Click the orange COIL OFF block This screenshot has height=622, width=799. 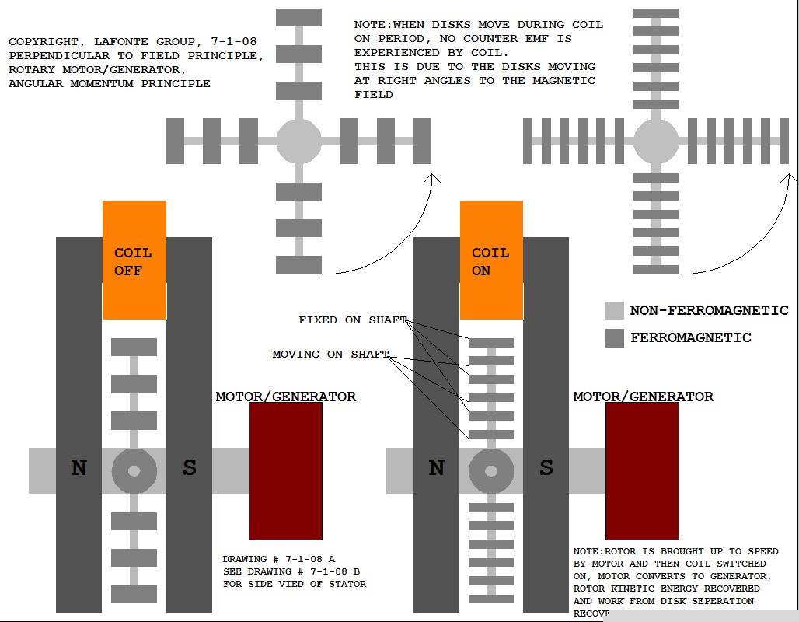(x=134, y=260)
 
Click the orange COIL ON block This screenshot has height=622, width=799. (x=491, y=260)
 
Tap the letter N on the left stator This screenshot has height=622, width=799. (x=79, y=468)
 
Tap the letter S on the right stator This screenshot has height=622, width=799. (x=546, y=468)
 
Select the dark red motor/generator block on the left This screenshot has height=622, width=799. (x=285, y=470)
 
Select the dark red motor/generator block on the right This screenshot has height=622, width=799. (x=642, y=470)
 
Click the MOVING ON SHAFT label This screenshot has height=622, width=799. (x=330, y=355)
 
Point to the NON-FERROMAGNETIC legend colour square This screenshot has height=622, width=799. (x=615, y=311)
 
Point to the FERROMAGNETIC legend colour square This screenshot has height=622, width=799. (x=615, y=338)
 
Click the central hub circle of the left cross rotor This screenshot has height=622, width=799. (x=299, y=142)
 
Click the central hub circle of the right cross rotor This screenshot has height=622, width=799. (x=656, y=142)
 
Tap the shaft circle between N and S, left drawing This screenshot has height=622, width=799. (x=134, y=471)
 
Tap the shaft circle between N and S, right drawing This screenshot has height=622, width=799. (x=491, y=471)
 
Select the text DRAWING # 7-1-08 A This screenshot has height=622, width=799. (x=279, y=559)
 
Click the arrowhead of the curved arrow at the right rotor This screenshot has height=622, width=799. (x=790, y=178)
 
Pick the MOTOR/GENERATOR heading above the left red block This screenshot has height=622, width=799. (x=285, y=397)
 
